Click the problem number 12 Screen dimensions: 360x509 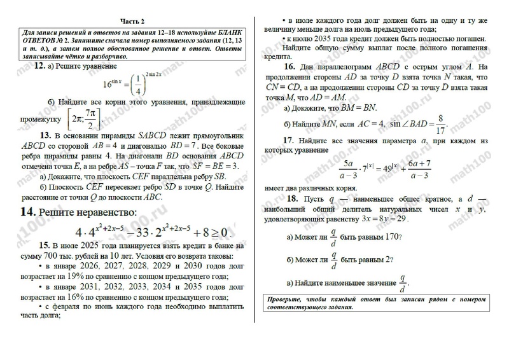38,66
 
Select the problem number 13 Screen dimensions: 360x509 45,135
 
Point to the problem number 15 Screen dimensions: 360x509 44,244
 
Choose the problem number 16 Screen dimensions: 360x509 288,67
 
